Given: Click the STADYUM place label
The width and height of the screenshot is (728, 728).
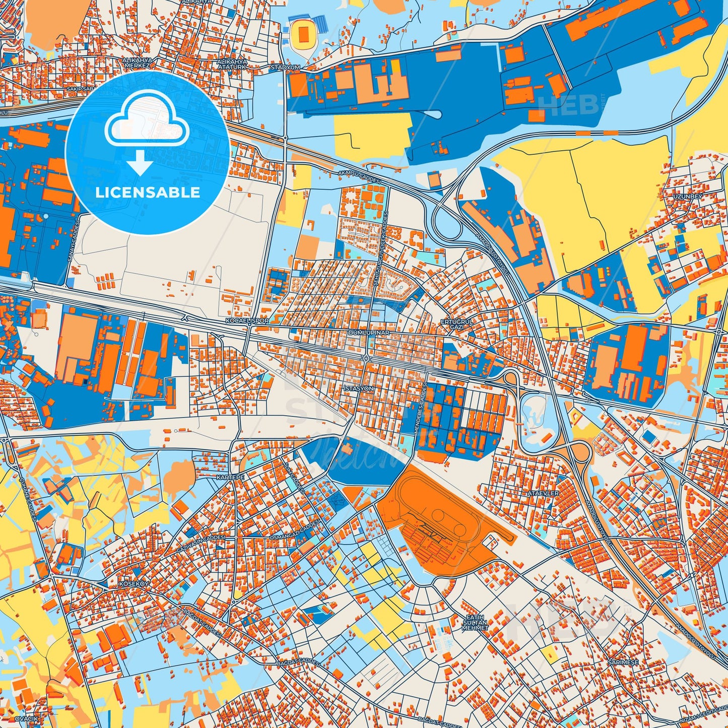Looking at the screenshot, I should (285, 67).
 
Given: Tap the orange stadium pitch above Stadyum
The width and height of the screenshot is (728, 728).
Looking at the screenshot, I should (303, 35).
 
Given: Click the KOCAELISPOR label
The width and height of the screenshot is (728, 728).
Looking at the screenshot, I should (247, 320).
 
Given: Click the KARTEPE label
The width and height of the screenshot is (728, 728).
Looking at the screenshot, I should (230, 477).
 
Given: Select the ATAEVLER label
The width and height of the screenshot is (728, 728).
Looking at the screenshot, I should (543, 493).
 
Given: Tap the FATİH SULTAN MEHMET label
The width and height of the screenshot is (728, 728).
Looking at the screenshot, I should (475, 623).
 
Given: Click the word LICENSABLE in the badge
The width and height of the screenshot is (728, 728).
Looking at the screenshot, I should (148, 192).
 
